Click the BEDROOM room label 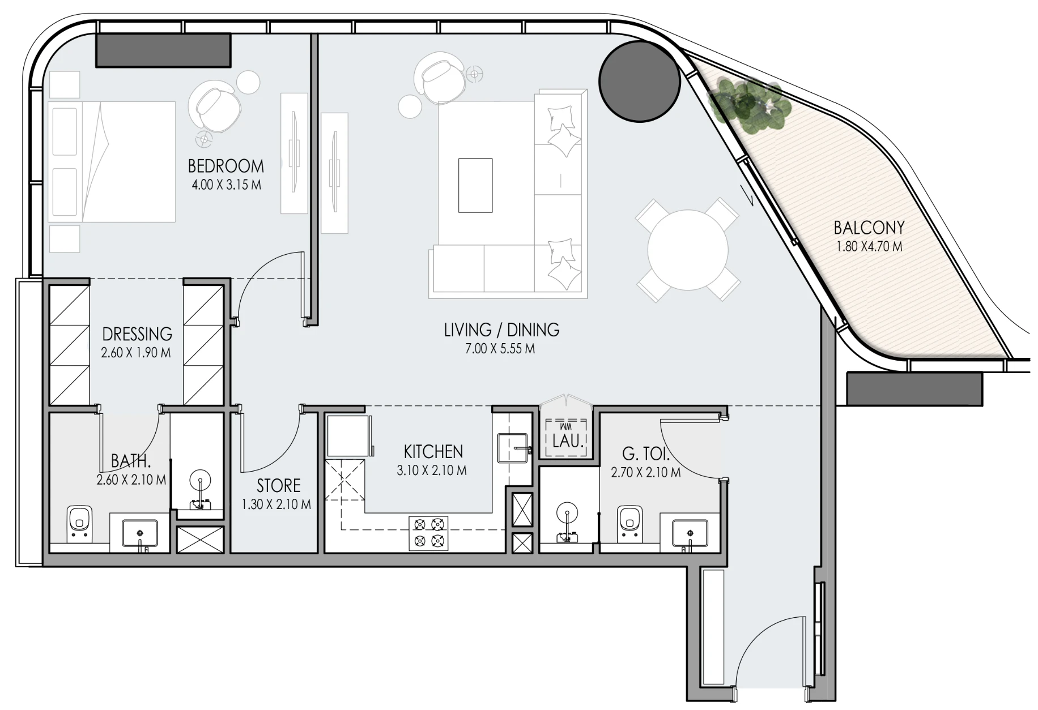(x=226, y=166)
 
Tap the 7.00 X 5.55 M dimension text (x=500, y=349)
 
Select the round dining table (x=687, y=250)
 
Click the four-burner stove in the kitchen (x=428, y=533)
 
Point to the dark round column (x=639, y=80)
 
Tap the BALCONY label (x=869, y=228)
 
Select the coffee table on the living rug (x=475, y=185)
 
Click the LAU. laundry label (x=568, y=441)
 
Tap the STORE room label (x=278, y=486)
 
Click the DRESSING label (x=137, y=334)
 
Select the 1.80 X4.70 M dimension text (x=869, y=247)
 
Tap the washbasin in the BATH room (x=140, y=533)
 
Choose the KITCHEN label (x=433, y=452)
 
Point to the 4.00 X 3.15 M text (x=227, y=185)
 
